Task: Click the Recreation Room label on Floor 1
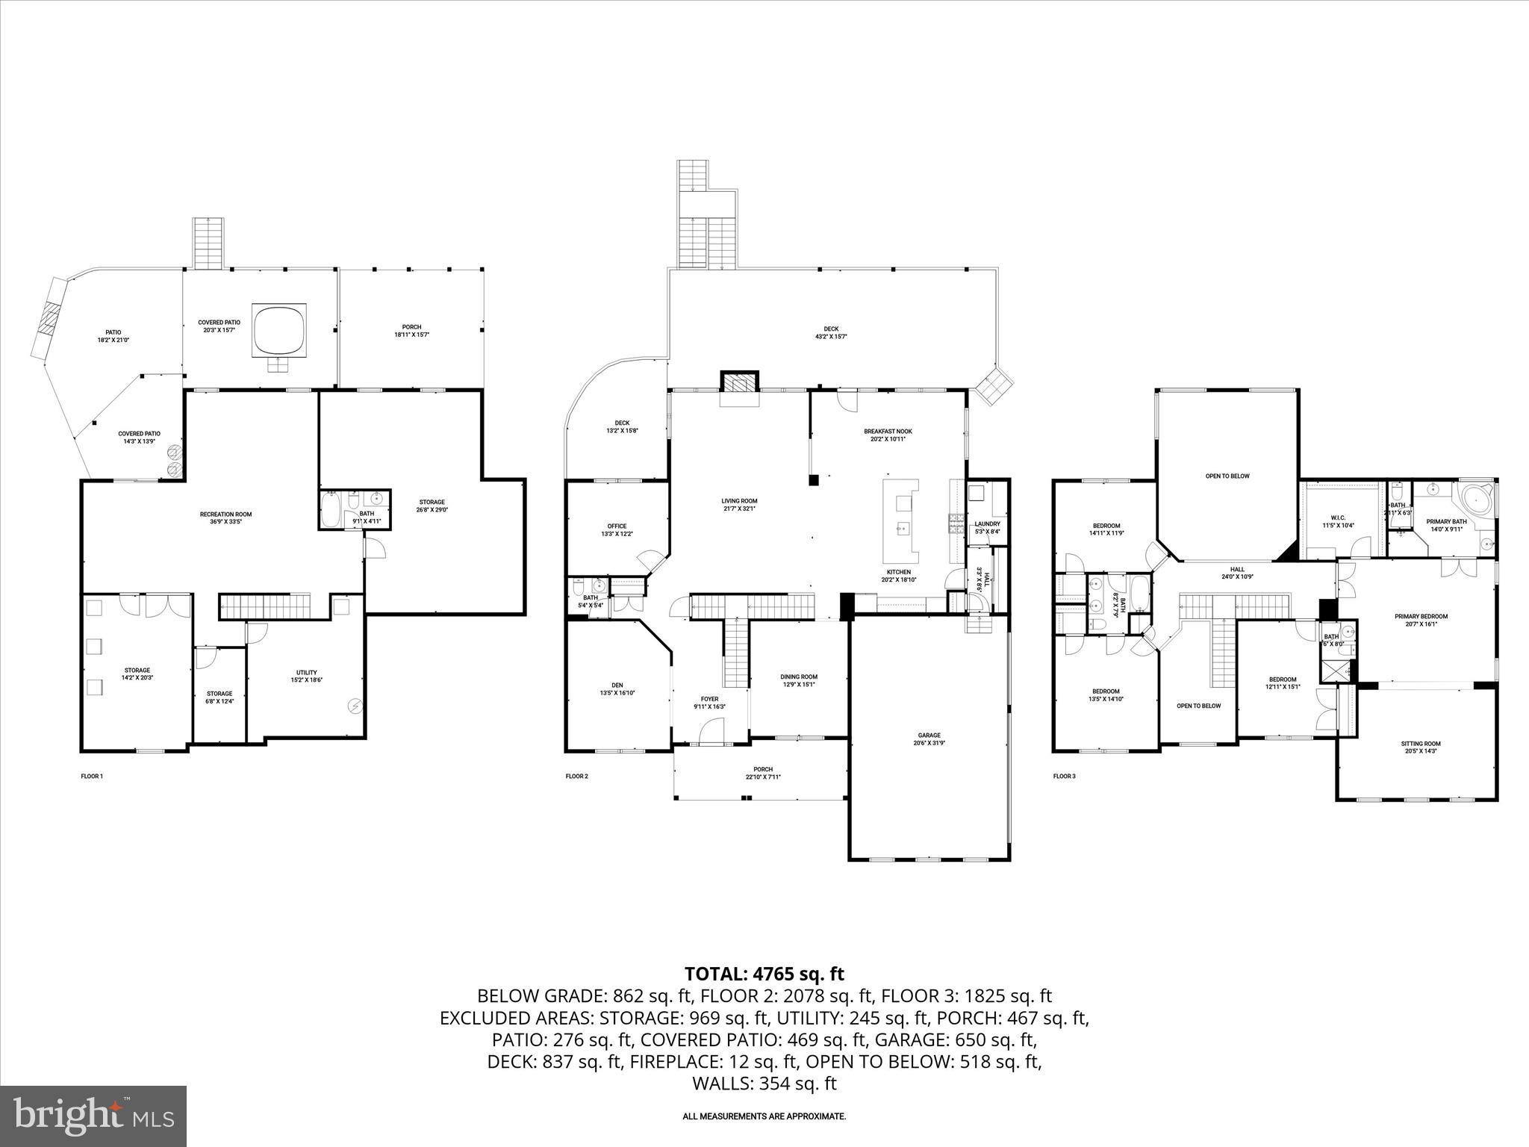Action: coord(225,517)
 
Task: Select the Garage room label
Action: coord(929,739)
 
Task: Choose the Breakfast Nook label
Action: coord(888,435)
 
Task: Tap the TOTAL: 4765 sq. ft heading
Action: coord(764,974)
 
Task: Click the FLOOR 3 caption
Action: coord(1064,776)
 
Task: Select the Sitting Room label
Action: coord(1420,747)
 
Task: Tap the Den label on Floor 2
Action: coord(617,688)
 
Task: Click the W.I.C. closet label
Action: coord(1337,520)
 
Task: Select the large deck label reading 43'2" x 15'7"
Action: coord(831,332)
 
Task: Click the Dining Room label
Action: coord(799,680)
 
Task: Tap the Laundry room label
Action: coord(987,527)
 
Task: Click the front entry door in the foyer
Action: coord(712,733)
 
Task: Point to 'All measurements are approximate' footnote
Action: coord(764,1116)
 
